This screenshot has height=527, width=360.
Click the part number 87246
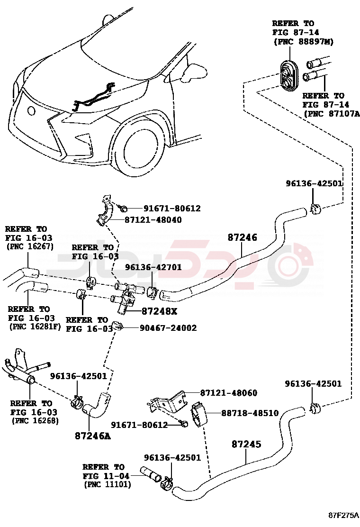coord(242,237)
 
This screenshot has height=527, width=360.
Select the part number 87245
coord(246,445)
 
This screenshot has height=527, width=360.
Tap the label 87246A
coord(92,436)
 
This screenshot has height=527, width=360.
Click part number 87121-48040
coord(153,220)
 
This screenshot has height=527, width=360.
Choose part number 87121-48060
coord(229,393)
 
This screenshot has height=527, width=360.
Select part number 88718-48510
coord(250,413)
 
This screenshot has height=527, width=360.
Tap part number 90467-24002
coord(168,328)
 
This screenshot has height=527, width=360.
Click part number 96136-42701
coord(153,267)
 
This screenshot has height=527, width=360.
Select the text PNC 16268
coord(36,420)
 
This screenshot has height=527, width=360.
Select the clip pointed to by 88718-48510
coord(199,413)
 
